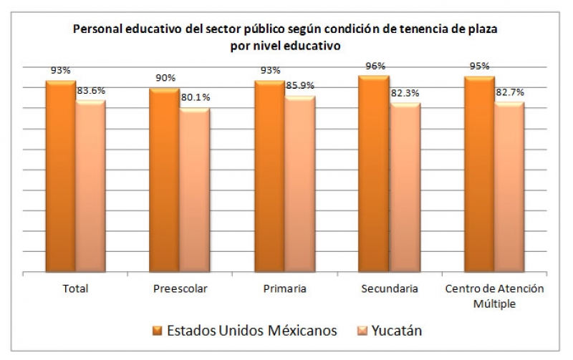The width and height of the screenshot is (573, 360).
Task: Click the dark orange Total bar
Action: (x=60, y=176)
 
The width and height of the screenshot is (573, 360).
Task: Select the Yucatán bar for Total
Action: (x=90, y=186)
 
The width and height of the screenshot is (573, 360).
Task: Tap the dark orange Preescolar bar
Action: (x=164, y=180)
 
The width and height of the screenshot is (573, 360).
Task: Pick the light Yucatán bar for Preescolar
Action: (x=194, y=190)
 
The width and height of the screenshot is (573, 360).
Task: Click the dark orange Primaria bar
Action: (x=269, y=176)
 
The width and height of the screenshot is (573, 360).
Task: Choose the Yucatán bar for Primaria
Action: (x=299, y=184)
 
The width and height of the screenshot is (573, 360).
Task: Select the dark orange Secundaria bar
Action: (x=373, y=173)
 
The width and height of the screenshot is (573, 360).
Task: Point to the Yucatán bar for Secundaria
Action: (x=404, y=188)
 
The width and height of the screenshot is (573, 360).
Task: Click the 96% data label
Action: (x=375, y=66)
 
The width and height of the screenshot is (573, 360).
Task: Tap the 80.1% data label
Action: (x=195, y=98)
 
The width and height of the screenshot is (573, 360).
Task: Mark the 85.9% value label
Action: (x=299, y=86)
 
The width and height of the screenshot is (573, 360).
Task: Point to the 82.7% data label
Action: (x=509, y=92)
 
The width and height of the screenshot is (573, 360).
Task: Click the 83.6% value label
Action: (x=91, y=90)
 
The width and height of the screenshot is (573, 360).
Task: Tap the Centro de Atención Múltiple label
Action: (x=494, y=295)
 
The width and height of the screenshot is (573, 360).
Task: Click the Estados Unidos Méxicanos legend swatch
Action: (x=157, y=331)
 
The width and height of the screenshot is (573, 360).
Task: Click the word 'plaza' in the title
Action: (x=479, y=30)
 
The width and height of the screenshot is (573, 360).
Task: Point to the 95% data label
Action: (x=479, y=67)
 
